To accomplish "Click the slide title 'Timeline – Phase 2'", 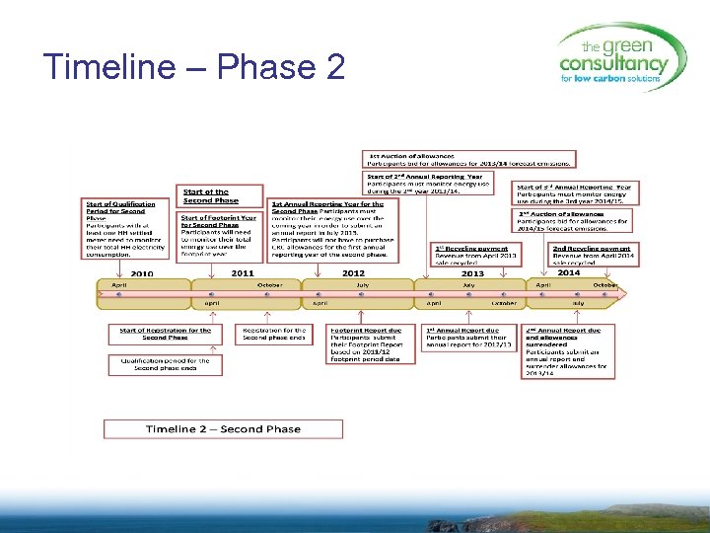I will click(194, 67).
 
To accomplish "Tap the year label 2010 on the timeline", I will click(142, 273).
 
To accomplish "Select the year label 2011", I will click(243, 273).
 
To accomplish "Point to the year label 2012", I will click(353, 273).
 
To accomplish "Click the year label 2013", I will click(473, 273).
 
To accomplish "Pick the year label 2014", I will click(569, 273).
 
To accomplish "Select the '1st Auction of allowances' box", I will click(470, 159).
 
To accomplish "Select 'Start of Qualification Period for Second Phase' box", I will click(118, 228).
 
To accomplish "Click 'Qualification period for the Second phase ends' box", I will click(159, 365).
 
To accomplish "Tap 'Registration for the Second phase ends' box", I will click(274, 335).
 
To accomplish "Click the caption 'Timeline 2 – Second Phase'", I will click(223, 429).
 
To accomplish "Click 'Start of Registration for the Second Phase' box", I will click(165, 335).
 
